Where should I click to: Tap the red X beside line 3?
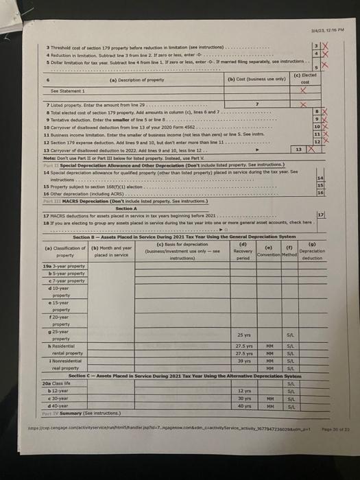click(324, 43)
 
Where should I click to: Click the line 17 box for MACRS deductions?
click(320, 215)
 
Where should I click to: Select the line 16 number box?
click(320, 194)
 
